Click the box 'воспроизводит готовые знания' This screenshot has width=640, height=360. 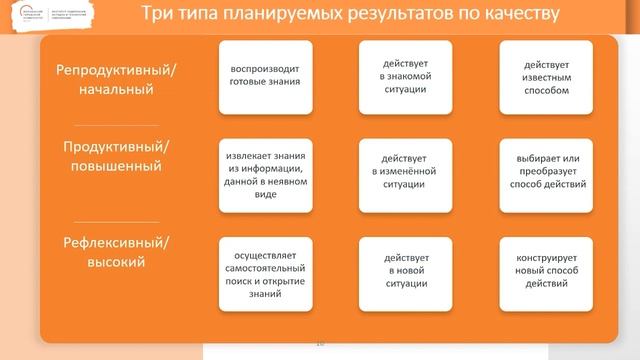point(265,77)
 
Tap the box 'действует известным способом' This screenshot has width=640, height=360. point(545,77)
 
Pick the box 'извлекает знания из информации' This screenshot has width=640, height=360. point(265,175)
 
